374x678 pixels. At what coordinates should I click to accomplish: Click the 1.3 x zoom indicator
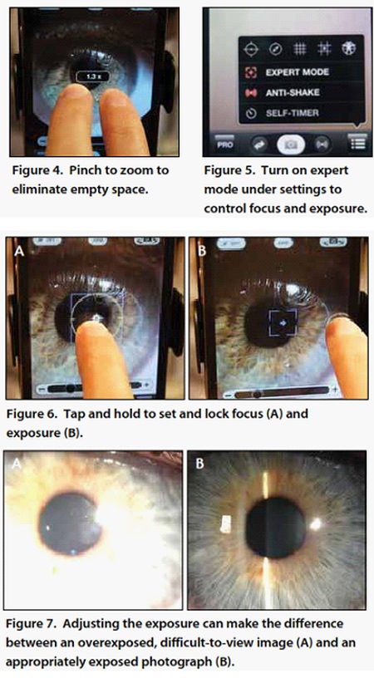pos(91,76)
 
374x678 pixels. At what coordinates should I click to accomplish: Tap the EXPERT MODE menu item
pos(297,72)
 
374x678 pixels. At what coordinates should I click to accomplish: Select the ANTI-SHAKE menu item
pos(293,92)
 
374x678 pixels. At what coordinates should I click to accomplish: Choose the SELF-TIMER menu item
pos(292,113)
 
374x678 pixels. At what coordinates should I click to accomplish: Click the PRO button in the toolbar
pos(226,145)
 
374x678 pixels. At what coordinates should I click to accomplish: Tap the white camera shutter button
pos(291,145)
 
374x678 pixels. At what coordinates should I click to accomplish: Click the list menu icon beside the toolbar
pos(358,143)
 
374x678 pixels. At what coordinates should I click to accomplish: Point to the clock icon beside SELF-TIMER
pos(250,113)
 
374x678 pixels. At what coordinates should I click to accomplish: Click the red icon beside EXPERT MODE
pos(250,72)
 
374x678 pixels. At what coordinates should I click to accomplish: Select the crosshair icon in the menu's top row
pos(251,49)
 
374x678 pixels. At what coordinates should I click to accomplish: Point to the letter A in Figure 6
pos(18,249)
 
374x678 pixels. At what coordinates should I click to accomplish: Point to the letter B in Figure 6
pos(201,250)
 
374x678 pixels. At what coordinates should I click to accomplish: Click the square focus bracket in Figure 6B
pos(283,322)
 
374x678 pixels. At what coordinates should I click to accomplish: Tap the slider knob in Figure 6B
pos(257,394)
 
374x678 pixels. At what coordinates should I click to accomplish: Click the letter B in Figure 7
pos(199,464)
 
